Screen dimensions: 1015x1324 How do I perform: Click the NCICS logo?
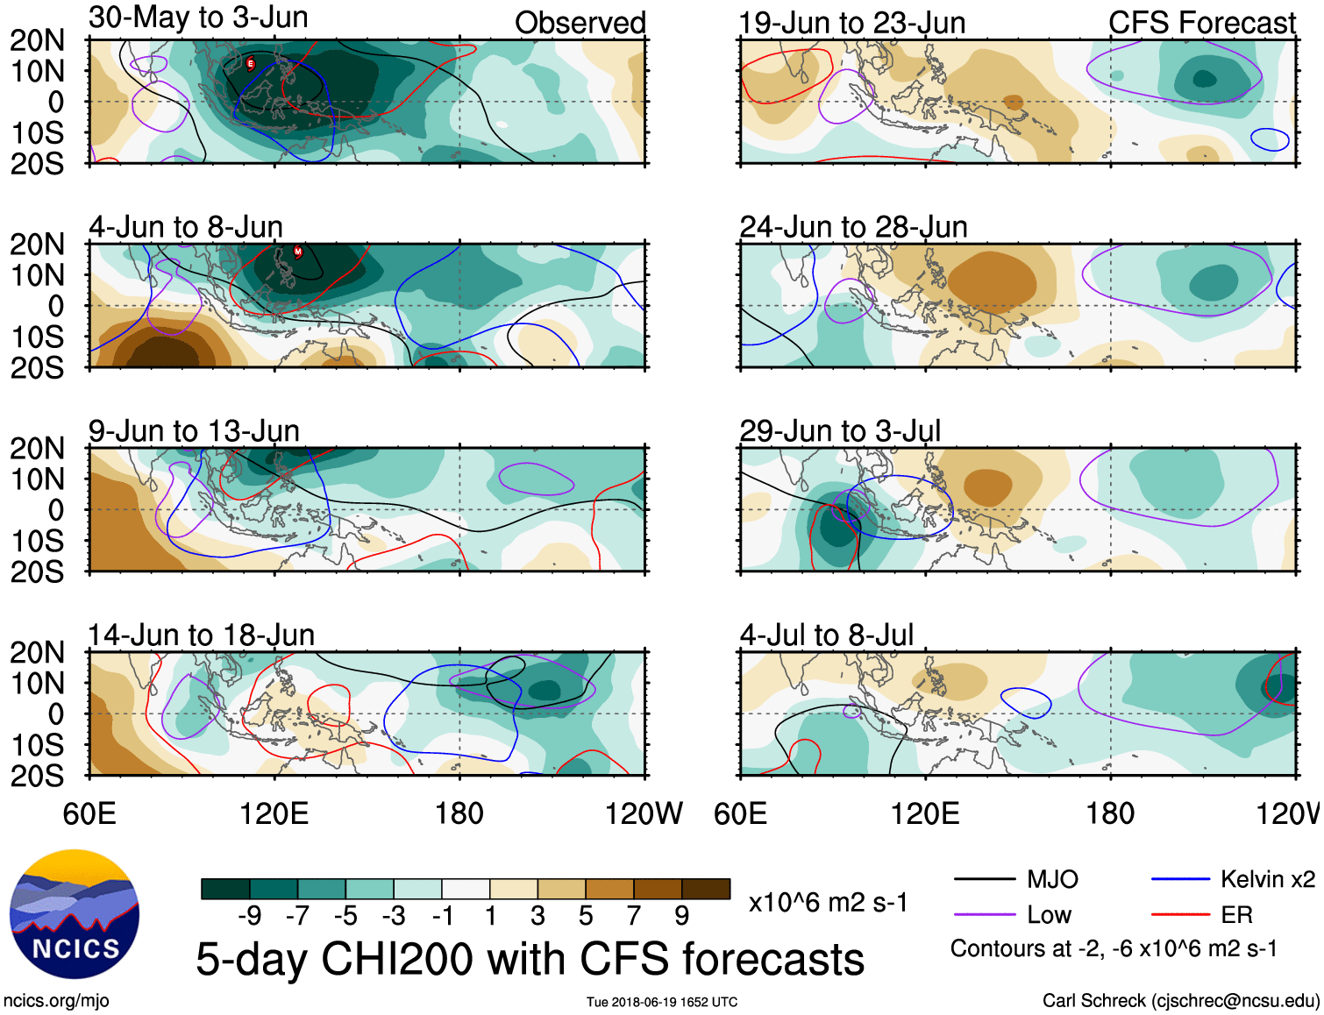[x=75, y=914]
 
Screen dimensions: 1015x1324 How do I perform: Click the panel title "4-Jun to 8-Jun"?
[x=186, y=227]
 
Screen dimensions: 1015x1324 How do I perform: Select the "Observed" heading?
[x=580, y=23]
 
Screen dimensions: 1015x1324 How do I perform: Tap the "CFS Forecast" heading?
[x=1201, y=23]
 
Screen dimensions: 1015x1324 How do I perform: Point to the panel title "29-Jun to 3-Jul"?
[x=839, y=431]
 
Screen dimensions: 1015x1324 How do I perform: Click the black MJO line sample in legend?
[x=984, y=879]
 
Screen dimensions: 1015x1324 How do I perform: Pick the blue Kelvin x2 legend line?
[x=1180, y=879]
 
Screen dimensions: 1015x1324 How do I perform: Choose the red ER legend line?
[x=1180, y=915]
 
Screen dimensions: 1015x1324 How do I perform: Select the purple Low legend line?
[x=984, y=915]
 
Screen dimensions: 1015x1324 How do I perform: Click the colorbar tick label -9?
[x=250, y=916]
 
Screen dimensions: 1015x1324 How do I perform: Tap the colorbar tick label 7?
[x=634, y=916]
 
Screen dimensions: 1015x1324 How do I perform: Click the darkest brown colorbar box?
[x=706, y=889]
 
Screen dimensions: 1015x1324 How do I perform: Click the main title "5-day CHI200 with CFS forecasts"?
[x=530, y=959]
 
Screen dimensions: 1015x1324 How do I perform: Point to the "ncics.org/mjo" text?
[x=56, y=1001]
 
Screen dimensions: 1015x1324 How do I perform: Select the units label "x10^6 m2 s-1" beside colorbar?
[x=828, y=903]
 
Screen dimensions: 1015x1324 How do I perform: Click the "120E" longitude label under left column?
[x=274, y=814]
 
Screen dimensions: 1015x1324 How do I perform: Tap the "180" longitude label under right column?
[x=1110, y=814]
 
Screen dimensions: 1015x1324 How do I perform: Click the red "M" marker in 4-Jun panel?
[x=298, y=252]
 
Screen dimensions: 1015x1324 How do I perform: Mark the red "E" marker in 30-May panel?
[x=251, y=63]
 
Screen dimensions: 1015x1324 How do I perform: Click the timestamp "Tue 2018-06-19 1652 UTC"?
[x=662, y=1002]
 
